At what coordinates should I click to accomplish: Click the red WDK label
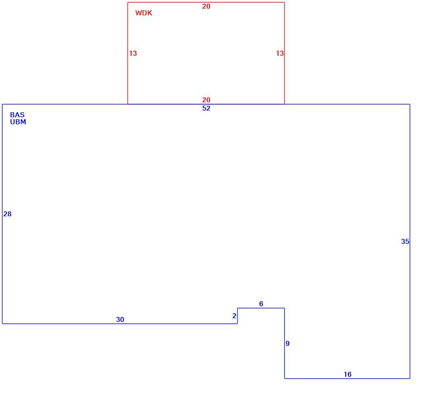point(144,13)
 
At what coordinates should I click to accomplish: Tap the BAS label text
point(17,115)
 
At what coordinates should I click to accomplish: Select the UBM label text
point(18,122)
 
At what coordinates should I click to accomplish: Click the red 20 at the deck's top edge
point(206,6)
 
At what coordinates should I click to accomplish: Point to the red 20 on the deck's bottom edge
point(206,100)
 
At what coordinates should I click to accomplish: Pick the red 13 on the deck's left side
point(133,53)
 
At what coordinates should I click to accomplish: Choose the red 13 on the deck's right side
point(280,53)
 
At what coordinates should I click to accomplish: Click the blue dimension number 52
point(206,108)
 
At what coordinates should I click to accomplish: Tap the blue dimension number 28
point(7,214)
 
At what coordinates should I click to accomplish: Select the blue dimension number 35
point(405,241)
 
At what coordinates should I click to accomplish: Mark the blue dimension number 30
point(120,319)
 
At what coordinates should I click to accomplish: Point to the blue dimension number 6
point(261,304)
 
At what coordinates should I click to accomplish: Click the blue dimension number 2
point(234,316)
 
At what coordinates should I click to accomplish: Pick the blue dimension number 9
point(288,343)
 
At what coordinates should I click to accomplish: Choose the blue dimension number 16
point(347,374)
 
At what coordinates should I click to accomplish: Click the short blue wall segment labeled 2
point(238,316)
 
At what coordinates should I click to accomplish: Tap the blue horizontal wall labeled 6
point(261,308)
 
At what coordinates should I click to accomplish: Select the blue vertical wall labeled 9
point(285,343)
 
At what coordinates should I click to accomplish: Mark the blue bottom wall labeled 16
point(347,378)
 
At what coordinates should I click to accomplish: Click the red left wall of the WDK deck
point(127,53)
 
